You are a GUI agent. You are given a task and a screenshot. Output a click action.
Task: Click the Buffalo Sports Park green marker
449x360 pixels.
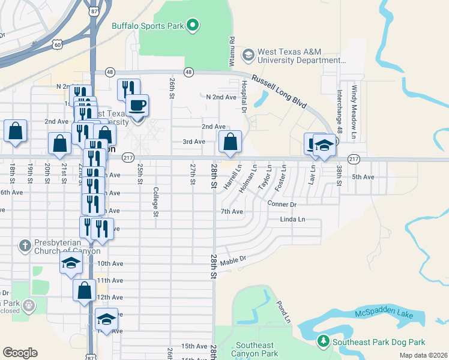(x=193, y=25)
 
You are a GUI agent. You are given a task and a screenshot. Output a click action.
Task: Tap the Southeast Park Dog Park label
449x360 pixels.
(x=379, y=342)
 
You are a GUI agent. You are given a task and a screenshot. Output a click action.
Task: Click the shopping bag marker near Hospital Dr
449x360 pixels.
(x=231, y=142)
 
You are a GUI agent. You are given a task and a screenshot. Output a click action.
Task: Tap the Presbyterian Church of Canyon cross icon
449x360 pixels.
(x=24, y=245)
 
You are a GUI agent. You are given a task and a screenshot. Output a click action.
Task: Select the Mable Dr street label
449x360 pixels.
(x=234, y=260)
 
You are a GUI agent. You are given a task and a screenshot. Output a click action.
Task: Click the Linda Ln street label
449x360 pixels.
(x=292, y=220)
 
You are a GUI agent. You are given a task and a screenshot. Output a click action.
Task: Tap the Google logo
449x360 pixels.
(x=20, y=353)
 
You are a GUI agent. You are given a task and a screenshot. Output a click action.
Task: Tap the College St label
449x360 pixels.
(x=155, y=202)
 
